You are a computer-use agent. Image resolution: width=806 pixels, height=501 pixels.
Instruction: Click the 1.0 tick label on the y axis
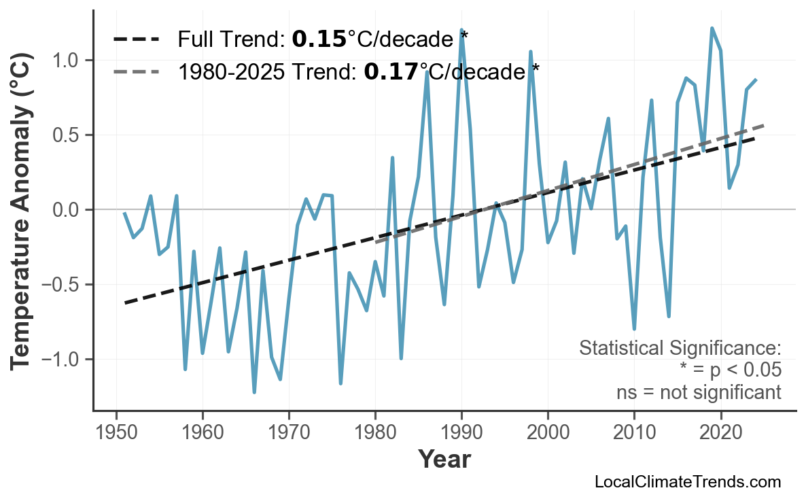(66, 61)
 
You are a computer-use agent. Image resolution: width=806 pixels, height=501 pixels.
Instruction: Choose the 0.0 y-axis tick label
(66, 210)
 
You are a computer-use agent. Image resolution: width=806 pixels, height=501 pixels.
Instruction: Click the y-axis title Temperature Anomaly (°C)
(22, 210)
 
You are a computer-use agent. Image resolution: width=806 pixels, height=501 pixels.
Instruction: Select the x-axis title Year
(444, 460)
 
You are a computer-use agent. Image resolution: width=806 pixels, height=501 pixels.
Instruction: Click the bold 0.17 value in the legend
(391, 71)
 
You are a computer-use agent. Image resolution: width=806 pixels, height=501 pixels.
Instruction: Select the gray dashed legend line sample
(137, 71)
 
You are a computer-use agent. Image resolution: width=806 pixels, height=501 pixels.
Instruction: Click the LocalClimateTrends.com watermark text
(687, 482)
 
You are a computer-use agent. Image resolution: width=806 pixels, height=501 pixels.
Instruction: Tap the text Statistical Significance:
(680, 348)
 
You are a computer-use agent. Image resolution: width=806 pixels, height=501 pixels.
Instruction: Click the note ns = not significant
(698, 392)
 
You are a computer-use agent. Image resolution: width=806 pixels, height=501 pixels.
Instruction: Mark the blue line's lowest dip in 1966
(254, 392)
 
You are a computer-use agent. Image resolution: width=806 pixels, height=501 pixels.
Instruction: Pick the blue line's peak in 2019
(712, 29)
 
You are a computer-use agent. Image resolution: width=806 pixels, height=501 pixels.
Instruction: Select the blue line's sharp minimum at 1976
(340, 383)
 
